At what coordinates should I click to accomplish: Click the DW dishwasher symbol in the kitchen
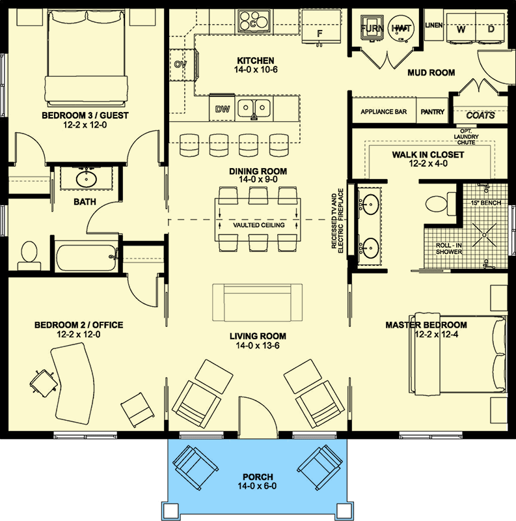click(x=222, y=109)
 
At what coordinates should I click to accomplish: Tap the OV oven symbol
click(x=181, y=64)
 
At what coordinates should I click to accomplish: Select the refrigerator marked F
click(x=319, y=32)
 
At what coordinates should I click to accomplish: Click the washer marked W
click(x=461, y=29)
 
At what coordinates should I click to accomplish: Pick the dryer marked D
click(x=491, y=29)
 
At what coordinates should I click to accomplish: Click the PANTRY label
click(x=433, y=112)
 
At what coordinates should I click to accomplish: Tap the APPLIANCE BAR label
click(x=383, y=112)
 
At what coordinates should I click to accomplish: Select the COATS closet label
click(x=481, y=115)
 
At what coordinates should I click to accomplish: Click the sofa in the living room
click(x=258, y=302)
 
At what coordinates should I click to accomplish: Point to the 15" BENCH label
click(x=485, y=203)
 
